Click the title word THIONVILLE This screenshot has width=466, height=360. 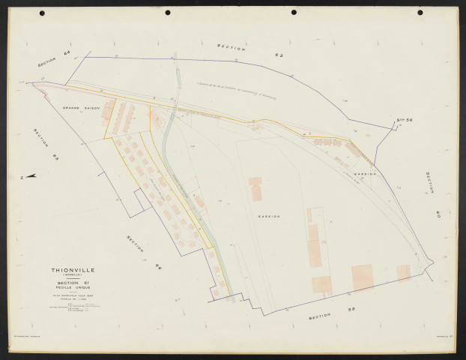click(x=73, y=269)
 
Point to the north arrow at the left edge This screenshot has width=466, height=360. click(x=30, y=177)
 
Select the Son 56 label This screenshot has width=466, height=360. click(x=405, y=119)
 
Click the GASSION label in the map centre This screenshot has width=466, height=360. click(x=268, y=216)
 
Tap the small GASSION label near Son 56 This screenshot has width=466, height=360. click(x=365, y=173)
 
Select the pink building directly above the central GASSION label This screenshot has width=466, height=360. click(x=256, y=188)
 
